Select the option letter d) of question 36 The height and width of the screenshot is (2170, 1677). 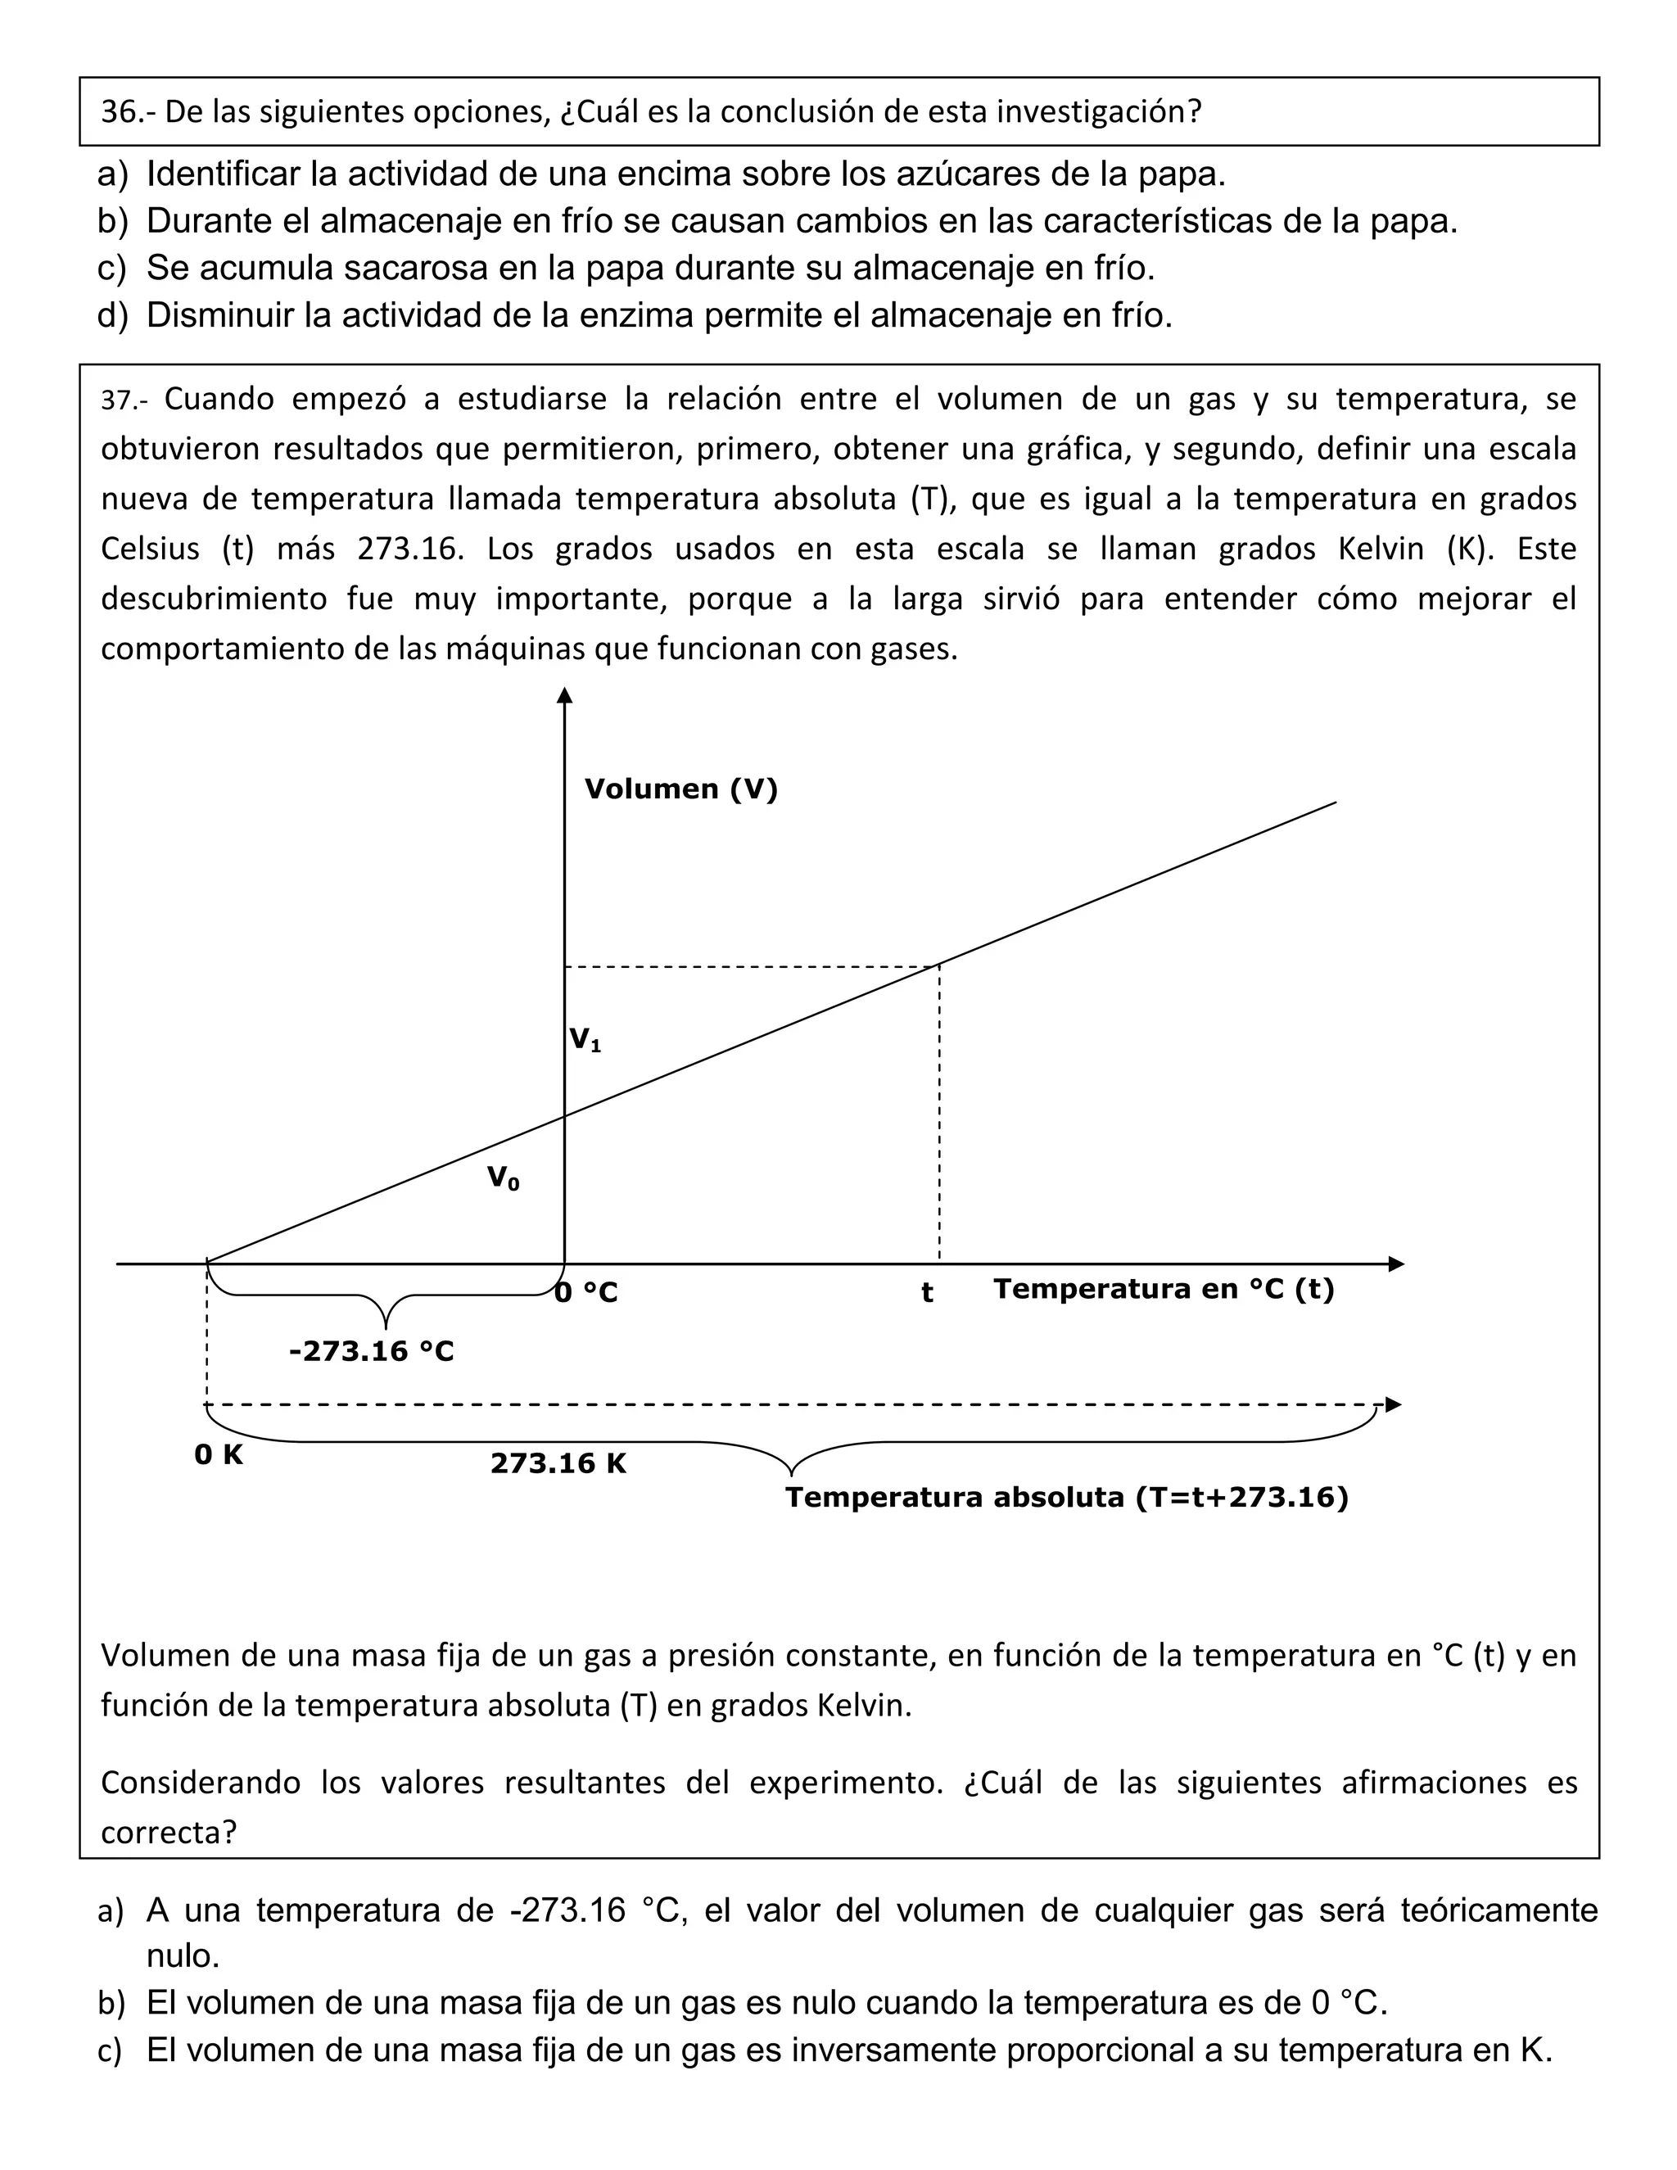pyautogui.click(x=112, y=316)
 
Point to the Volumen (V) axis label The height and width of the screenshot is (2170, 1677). pyautogui.click(x=680, y=789)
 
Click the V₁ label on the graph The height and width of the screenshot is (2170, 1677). pyautogui.click(x=584, y=1040)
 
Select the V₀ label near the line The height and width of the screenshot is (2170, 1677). pyautogui.click(x=503, y=1178)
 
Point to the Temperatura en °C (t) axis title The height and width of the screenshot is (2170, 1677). pyautogui.click(x=1164, y=1289)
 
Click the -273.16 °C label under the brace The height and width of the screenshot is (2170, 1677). pyautogui.click(x=371, y=1351)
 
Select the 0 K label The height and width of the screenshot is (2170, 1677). pyautogui.click(x=219, y=1454)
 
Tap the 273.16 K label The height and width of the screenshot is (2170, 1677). pyautogui.click(x=558, y=1463)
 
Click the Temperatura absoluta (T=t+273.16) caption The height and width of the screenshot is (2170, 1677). pyautogui.click(x=1067, y=1498)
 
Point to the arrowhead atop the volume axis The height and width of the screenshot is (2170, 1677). pyautogui.click(x=564, y=695)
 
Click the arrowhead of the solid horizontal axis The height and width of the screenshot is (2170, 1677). pyautogui.click(x=1396, y=1264)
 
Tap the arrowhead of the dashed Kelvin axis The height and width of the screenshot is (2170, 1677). pyautogui.click(x=1393, y=1405)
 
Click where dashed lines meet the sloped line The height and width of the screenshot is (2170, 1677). pyautogui.click(x=939, y=965)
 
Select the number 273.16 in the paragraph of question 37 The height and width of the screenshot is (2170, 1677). pyautogui.click(x=410, y=549)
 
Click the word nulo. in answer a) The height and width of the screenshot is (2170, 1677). pyautogui.click(x=183, y=1955)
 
